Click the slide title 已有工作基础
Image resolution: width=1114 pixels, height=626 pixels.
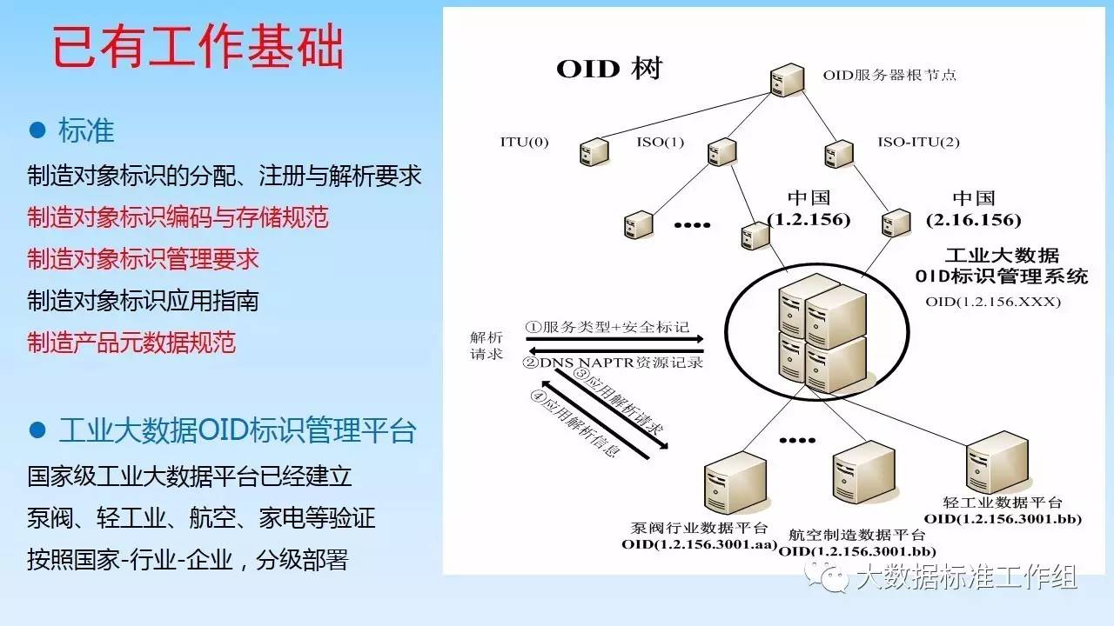coord(198,46)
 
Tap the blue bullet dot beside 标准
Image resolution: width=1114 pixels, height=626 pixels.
coord(37,130)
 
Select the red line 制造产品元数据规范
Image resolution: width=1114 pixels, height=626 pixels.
coord(131,343)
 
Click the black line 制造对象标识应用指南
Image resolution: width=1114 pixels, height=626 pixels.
coord(144,301)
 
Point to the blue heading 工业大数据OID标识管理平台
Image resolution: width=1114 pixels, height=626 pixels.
coord(238,430)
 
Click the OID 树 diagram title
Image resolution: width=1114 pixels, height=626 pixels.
coord(609,69)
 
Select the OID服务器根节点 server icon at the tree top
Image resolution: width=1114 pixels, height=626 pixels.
coord(787,79)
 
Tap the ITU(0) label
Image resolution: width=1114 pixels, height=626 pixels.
coord(524,142)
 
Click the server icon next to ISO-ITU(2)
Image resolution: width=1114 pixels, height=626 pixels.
coord(838,154)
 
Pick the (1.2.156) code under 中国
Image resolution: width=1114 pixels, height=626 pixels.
coord(809,220)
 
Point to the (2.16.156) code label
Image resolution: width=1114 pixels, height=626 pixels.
coord(973,220)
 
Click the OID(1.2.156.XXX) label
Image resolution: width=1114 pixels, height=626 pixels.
coord(993,302)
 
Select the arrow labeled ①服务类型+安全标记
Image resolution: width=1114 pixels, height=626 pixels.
coord(614,339)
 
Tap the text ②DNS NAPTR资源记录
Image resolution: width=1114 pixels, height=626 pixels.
coord(613,363)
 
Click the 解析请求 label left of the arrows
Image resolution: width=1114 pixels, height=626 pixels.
coord(487,346)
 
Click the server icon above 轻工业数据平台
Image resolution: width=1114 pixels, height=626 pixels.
coord(997,463)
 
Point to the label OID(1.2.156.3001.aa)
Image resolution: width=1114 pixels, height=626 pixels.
coord(699,544)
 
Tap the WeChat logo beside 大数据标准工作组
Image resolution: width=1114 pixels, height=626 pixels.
coord(827,576)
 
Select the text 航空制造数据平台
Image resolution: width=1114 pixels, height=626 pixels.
coord(857,535)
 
